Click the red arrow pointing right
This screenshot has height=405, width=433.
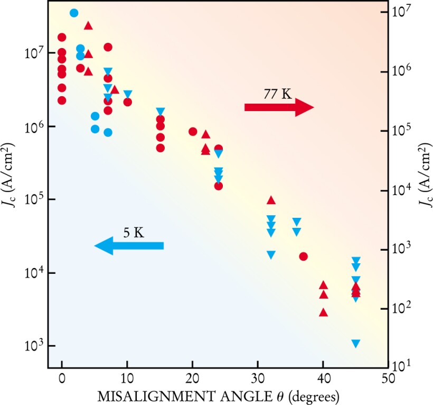279,107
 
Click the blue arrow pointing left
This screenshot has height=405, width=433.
129,246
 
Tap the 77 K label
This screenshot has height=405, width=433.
277,94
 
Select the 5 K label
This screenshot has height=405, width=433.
134,233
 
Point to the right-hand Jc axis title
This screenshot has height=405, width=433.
422,200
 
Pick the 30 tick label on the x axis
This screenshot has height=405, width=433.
258,380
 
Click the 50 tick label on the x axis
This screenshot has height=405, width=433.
388,380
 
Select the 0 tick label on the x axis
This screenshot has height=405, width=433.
62,380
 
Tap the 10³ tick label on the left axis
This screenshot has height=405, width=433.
33,346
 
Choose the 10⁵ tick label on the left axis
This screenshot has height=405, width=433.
33,200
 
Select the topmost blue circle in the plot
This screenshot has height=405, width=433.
74,13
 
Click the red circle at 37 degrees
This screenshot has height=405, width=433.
303,256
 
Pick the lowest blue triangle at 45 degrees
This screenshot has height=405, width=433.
356,344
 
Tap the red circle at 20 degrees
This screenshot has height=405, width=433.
193,132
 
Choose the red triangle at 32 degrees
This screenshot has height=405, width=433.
271,200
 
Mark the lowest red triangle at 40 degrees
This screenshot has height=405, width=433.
324,312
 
